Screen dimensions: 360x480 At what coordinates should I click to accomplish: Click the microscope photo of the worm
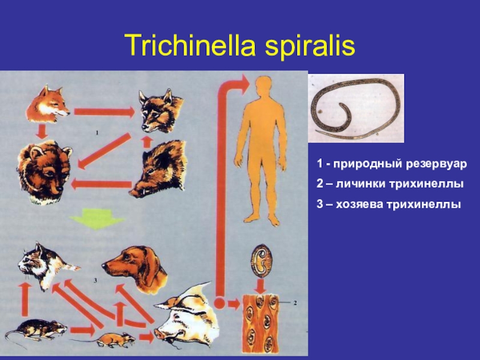(x=356, y=108)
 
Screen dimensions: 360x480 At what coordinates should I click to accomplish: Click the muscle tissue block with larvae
(x=262, y=324)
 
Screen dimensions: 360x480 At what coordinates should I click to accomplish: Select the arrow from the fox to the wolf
(x=103, y=112)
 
